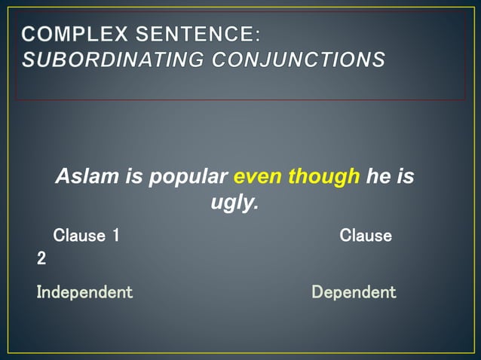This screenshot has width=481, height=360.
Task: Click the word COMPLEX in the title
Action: click(75, 34)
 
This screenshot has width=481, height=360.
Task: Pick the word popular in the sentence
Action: click(188, 177)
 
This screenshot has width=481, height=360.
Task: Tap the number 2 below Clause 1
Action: click(41, 258)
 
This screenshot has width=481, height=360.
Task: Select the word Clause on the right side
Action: click(366, 236)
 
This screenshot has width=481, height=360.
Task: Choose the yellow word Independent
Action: click(84, 292)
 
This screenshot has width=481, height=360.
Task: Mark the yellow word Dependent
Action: click(354, 292)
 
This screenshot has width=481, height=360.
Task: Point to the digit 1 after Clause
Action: click(115, 236)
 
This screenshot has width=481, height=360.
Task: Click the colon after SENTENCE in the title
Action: click(257, 35)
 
